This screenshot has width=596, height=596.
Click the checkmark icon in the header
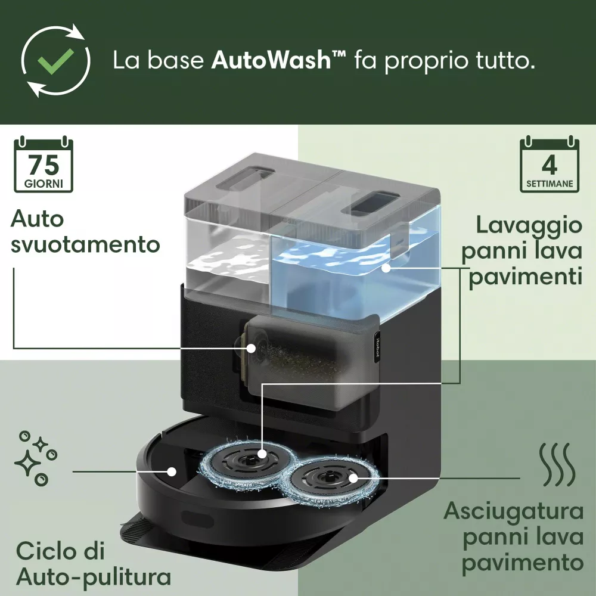55,60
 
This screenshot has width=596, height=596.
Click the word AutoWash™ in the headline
279,61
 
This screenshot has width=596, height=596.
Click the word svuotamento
85,244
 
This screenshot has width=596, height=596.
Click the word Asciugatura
513,511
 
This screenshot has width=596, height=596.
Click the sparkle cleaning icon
34,457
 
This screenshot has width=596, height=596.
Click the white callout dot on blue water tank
386,268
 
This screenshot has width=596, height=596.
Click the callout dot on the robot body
172,471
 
